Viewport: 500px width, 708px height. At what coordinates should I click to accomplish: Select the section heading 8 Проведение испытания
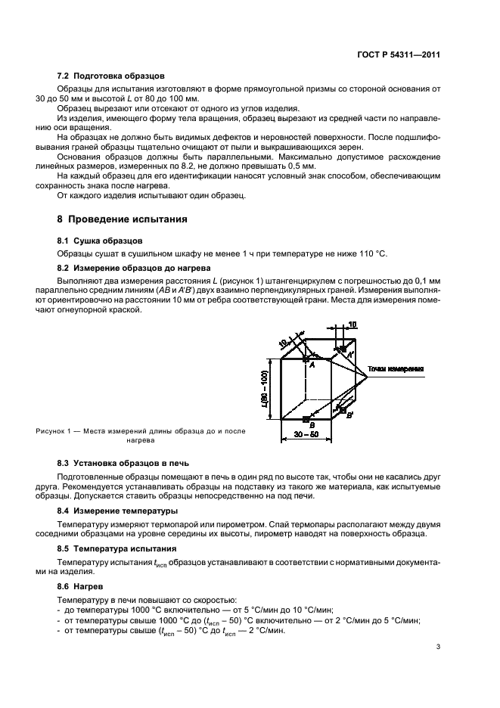[x=122, y=220]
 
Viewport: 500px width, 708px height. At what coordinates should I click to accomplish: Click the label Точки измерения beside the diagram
[x=395, y=369]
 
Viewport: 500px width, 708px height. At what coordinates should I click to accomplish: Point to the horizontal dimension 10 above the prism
[x=352, y=325]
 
